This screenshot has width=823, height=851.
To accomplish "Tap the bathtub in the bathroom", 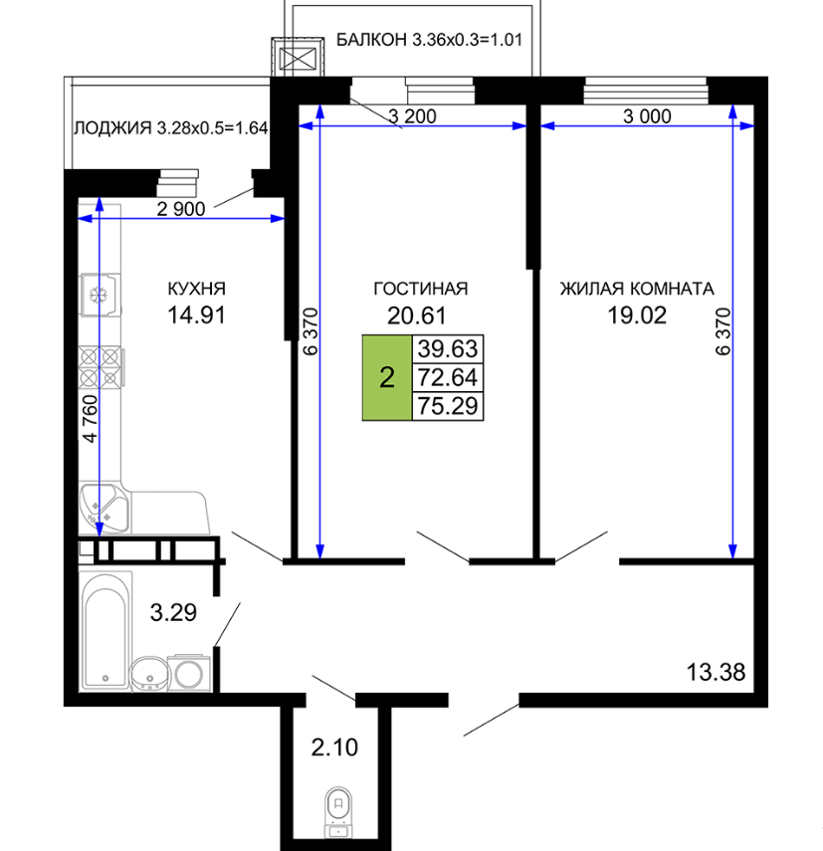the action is [x=105, y=631].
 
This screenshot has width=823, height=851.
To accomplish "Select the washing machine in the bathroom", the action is [x=189, y=673].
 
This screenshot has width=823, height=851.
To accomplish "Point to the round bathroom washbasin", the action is [x=150, y=674].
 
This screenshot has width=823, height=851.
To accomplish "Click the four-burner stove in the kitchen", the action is [x=102, y=367].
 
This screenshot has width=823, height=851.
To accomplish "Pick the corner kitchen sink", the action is [x=104, y=510].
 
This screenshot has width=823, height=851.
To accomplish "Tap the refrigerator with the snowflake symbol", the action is [x=100, y=295].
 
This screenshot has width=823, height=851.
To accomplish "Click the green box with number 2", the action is [x=387, y=378].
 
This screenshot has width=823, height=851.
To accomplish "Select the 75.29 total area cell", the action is [x=448, y=406].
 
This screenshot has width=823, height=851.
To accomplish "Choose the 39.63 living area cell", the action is [x=448, y=349].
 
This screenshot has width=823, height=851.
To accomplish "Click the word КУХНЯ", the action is [x=196, y=289].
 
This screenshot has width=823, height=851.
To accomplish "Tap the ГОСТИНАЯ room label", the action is [x=420, y=289].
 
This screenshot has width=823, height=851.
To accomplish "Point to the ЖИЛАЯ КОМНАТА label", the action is [x=637, y=289].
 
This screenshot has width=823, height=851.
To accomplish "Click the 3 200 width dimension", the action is [x=412, y=116].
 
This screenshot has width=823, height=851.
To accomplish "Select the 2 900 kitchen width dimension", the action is [x=181, y=208].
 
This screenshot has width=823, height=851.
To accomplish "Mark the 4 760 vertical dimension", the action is [x=90, y=418].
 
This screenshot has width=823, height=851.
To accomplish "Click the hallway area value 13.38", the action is [x=717, y=672].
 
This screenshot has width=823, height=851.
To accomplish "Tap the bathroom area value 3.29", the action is [x=173, y=612].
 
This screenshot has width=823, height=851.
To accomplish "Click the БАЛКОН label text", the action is [x=371, y=40].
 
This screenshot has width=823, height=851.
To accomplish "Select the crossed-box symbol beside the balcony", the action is [x=298, y=58].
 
